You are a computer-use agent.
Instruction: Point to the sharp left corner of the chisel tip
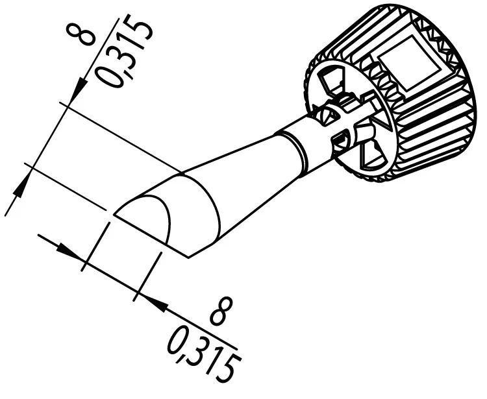(x=114, y=213)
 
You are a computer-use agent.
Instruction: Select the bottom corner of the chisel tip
(x=189, y=257)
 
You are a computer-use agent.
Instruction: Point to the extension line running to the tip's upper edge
(x=123, y=139)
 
